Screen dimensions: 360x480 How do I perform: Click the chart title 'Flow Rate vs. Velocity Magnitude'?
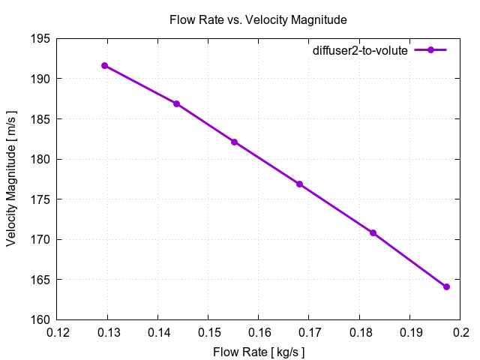tap(258, 19)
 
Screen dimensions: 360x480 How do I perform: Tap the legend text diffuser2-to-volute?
tap(360, 50)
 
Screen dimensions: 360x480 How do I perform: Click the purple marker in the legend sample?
tap(430, 50)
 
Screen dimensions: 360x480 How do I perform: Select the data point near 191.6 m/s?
tap(105, 66)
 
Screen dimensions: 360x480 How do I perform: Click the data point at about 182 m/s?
tap(234, 142)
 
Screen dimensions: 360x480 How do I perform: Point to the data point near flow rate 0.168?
tap(300, 184)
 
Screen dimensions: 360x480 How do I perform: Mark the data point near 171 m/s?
tap(373, 232)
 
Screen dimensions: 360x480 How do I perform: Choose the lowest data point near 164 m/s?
tap(446, 286)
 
